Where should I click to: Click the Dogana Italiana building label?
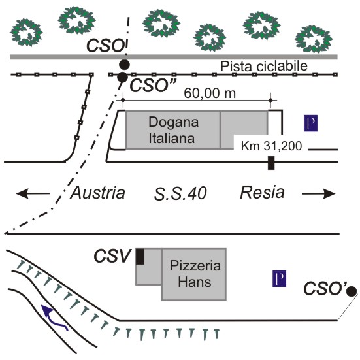pyautogui.click(x=174, y=130)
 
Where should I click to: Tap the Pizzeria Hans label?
pyautogui.click(x=195, y=274)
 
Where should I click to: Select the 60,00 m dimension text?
pyautogui.click(x=210, y=93)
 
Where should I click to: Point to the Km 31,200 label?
pyautogui.click(x=271, y=146)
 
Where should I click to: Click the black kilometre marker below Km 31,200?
pyautogui.click(x=271, y=163)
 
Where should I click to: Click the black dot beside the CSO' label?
pyautogui.click(x=352, y=291)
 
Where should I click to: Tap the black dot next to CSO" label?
pyautogui.click(x=122, y=77)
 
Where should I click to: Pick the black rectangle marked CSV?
pyautogui.click(x=140, y=257)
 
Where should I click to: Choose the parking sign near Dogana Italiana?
pyautogui.click(x=310, y=123)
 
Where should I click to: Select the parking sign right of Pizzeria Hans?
pyautogui.click(x=279, y=278)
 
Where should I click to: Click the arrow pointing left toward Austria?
pyautogui.click(x=33, y=193)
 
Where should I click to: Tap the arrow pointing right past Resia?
pyautogui.click(x=319, y=194)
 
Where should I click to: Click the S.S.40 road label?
pyautogui.click(x=180, y=193)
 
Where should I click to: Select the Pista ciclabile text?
pyautogui.click(x=264, y=66)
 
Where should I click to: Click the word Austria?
pyautogui.click(x=98, y=193)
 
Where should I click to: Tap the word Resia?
pyautogui.click(x=262, y=192)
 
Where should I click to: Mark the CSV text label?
pyautogui.click(x=112, y=255)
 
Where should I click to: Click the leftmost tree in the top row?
pyautogui.click(x=26, y=33)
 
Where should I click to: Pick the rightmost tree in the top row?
pyautogui.click(x=314, y=39)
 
